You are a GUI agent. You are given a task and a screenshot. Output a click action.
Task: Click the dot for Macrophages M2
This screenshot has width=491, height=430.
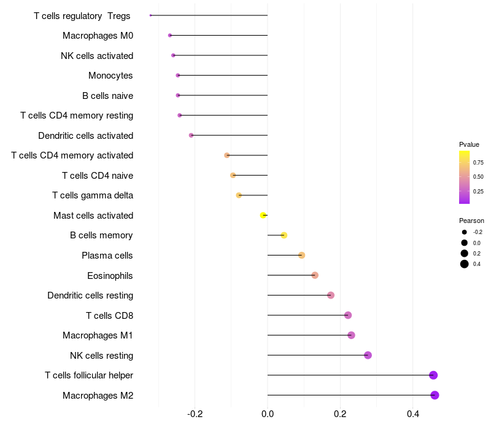coord(435,395)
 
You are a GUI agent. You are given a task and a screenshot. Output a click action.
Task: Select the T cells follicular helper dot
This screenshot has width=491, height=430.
coord(433,375)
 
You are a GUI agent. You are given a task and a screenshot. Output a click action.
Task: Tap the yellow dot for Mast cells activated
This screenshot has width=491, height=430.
coord(263,216)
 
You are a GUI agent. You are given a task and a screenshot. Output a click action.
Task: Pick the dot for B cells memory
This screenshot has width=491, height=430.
coord(284,235)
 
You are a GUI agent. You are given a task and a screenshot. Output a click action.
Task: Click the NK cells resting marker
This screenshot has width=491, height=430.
coord(368,355)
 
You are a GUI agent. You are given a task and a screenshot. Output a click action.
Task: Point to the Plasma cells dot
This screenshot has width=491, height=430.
coord(301,256)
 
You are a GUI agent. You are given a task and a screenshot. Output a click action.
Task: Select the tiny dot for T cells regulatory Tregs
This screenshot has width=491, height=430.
coord(150,15)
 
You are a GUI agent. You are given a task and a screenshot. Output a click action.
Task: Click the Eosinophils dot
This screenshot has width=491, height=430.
coord(315,275)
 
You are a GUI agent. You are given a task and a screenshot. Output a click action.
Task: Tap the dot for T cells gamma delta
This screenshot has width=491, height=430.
coord(239,195)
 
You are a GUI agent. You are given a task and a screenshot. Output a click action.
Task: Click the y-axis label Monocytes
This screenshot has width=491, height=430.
coord(110,76)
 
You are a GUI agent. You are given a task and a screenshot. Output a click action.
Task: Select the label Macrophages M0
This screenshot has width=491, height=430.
coord(98,36)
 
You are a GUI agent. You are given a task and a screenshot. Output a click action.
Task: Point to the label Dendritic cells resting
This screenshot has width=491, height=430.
coord(90,295)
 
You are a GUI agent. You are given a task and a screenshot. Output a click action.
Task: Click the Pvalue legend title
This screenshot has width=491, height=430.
coord(469,144)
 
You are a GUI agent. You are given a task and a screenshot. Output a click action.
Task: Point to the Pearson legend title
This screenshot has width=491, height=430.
coord(471,221)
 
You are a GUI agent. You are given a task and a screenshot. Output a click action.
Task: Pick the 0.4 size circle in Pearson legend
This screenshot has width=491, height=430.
coord(465,264)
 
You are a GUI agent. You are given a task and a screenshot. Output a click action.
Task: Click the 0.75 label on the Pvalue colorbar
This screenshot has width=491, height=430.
coord(477,162)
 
